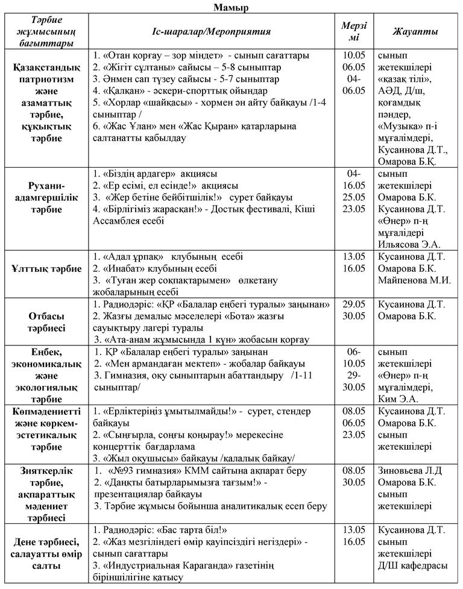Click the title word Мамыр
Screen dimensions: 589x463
coord(231,7)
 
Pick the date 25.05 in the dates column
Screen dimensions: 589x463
coord(353,197)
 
